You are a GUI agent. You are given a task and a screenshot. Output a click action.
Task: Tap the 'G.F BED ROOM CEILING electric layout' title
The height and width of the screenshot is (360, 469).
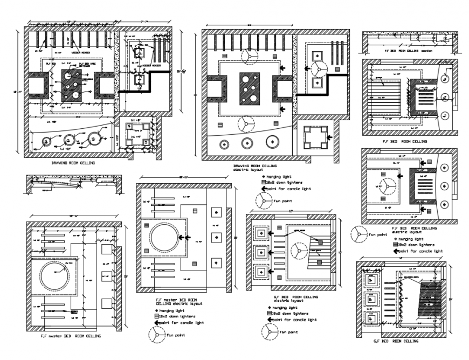(x=295, y=299)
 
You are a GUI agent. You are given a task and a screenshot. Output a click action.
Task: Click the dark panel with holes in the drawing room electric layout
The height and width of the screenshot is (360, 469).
(x=250, y=88)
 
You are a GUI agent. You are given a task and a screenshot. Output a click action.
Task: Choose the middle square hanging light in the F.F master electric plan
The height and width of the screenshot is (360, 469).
(x=218, y=236)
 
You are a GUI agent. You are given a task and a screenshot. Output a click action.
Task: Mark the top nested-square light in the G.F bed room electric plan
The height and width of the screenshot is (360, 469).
(x=261, y=233)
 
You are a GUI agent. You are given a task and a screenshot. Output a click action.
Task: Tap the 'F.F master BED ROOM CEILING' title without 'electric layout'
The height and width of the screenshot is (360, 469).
(x=71, y=336)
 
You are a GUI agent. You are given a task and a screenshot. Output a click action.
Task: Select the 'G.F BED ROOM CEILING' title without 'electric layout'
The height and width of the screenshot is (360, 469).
(x=396, y=341)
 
